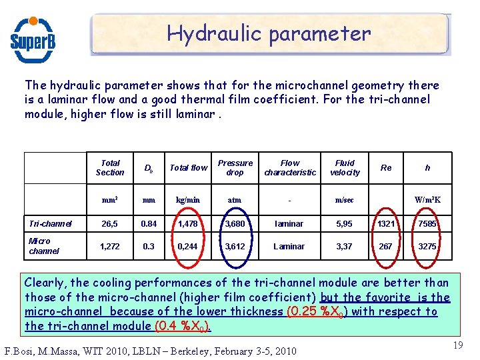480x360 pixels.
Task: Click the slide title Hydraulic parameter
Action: click(269, 33)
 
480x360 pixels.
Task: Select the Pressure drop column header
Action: click(235, 167)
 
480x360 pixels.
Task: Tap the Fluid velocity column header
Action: click(345, 167)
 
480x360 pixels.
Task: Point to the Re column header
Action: click(386, 168)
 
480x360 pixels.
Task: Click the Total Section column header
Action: click(110, 167)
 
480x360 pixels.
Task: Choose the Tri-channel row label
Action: click(51, 224)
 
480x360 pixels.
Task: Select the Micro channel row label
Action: click(44, 246)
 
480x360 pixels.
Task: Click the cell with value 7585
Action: click(427, 224)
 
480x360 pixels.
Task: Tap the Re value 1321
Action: click(386, 224)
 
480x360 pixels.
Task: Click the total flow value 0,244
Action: click(187, 246)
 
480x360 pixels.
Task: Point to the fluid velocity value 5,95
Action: click(345, 224)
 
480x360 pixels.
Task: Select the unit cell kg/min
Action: click(187, 199)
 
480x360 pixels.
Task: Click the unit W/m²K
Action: click(427, 199)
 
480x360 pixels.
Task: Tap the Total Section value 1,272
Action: click(110, 246)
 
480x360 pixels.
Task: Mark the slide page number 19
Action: click(457, 345)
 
